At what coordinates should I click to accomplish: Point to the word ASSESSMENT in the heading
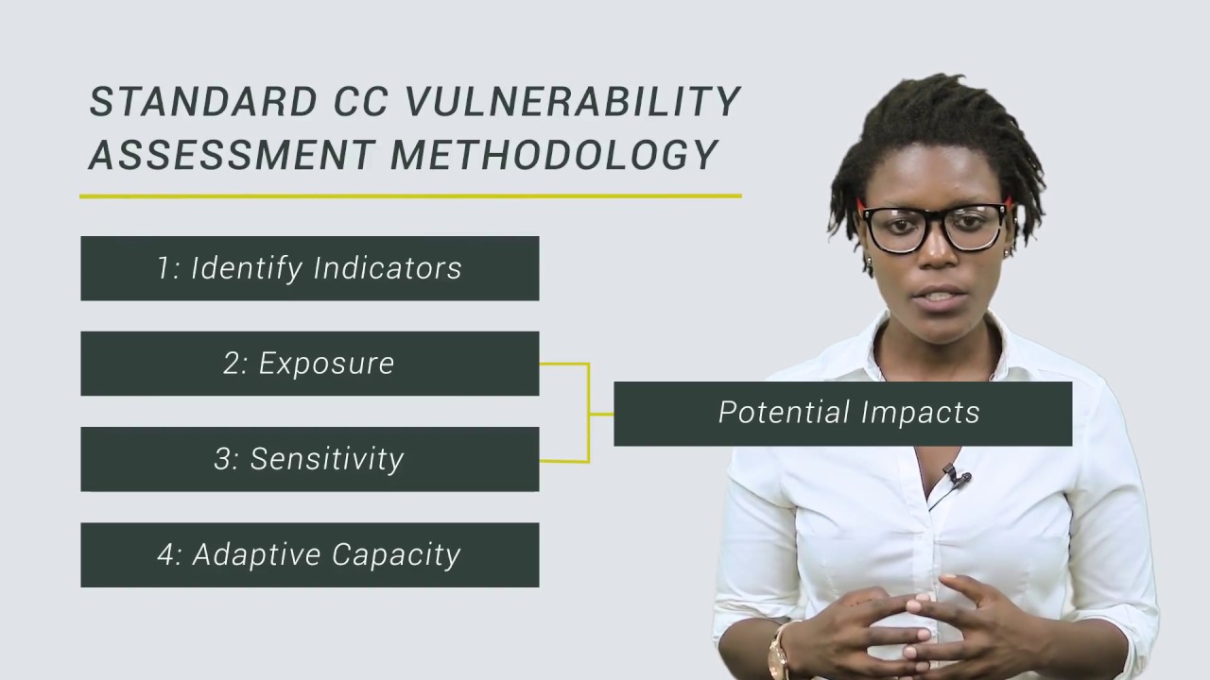pyautogui.click(x=231, y=155)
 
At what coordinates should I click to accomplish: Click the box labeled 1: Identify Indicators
pyautogui.click(x=309, y=268)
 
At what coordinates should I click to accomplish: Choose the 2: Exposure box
pyautogui.click(x=309, y=364)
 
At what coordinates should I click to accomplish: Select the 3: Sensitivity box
pyautogui.click(x=309, y=459)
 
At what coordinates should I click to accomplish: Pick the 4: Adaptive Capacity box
pyautogui.click(x=309, y=554)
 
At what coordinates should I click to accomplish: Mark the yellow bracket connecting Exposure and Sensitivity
pyautogui.click(x=588, y=413)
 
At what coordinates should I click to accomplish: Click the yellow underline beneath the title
pyautogui.click(x=410, y=196)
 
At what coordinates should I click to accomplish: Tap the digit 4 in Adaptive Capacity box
pyautogui.click(x=166, y=554)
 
